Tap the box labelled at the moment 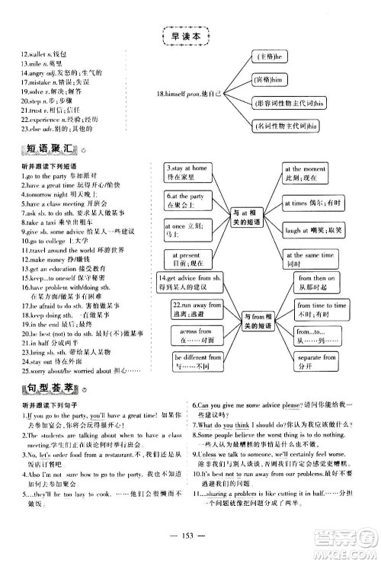[305, 171]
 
